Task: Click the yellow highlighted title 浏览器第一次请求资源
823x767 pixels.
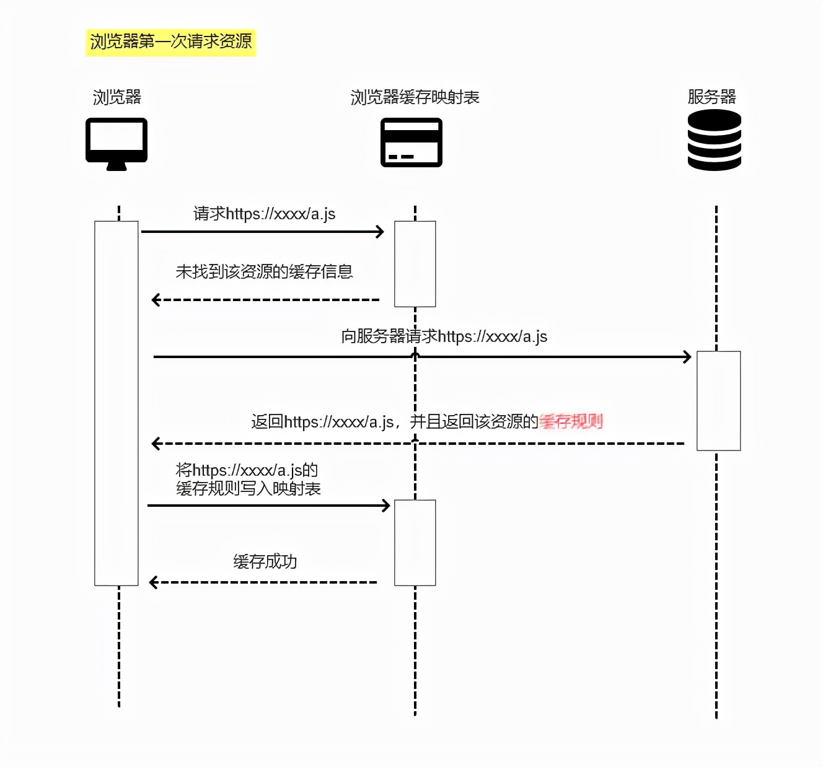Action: click(170, 42)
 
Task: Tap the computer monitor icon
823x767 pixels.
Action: click(117, 142)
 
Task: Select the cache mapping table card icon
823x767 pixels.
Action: click(412, 142)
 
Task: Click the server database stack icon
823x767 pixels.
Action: click(715, 140)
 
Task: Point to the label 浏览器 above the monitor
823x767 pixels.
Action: click(117, 97)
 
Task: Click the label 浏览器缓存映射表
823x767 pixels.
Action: click(415, 97)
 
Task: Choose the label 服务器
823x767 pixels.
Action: click(711, 97)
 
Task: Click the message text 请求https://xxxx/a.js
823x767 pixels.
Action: click(264, 214)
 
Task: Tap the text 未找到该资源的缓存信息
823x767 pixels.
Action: click(264, 271)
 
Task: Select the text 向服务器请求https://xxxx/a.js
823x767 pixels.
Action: click(444, 336)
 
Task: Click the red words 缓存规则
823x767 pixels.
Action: click(571, 422)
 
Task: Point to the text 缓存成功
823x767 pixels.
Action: click(265, 561)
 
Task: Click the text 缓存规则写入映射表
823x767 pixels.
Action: click(248, 489)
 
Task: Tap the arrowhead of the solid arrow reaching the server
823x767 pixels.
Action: click(687, 357)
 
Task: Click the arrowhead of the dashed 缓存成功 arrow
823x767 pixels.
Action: click(154, 582)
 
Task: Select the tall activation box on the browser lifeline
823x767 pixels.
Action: click(117, 403)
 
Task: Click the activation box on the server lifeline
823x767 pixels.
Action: click(718, 400)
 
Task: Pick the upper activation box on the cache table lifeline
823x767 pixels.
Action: click(415, 264)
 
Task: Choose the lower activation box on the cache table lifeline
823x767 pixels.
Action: click(415, 542)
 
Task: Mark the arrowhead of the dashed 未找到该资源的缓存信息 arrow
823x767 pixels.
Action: click(156, 300)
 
